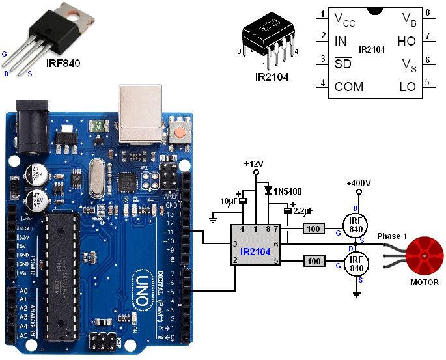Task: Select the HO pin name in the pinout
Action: click(x=406, y=41)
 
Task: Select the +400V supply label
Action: click(x=358, y=183)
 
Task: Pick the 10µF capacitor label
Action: click(x=230, y=201)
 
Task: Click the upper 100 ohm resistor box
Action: click(x=314, y=228)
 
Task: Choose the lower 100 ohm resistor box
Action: click(x=314, y=262)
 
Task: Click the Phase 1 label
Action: click(x=393, y=235)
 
